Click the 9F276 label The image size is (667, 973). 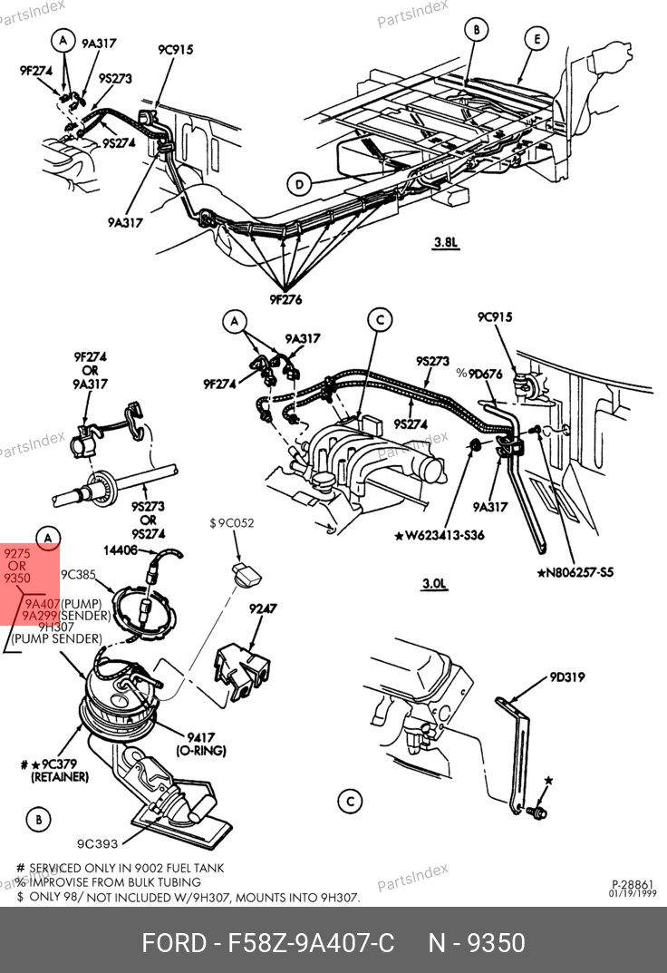pos(285,299)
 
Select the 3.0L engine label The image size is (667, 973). pos(435,585)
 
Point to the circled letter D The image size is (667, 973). pos(299,185)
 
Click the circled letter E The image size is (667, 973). pos(537,38)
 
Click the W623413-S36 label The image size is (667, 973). pos(440,535)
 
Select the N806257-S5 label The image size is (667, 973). pos(575,572)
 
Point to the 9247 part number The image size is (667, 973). pos(264,608)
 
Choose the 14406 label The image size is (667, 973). pos(121,550)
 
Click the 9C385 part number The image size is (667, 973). pos(78,575)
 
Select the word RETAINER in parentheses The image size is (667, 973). pos(59,777)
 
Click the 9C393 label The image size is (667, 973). pos(97,842)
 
